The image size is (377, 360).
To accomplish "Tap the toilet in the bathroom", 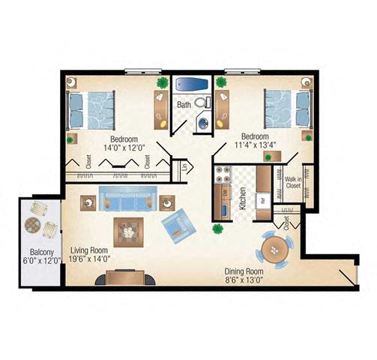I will [x=201, y=103].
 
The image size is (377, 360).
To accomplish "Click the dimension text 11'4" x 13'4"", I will [x=255, y=146].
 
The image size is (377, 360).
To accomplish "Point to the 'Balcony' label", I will [x=40, y=251].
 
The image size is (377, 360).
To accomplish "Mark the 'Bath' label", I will [x=184, y=105].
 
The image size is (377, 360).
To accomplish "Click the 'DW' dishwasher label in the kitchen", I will [x=224, y=194].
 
